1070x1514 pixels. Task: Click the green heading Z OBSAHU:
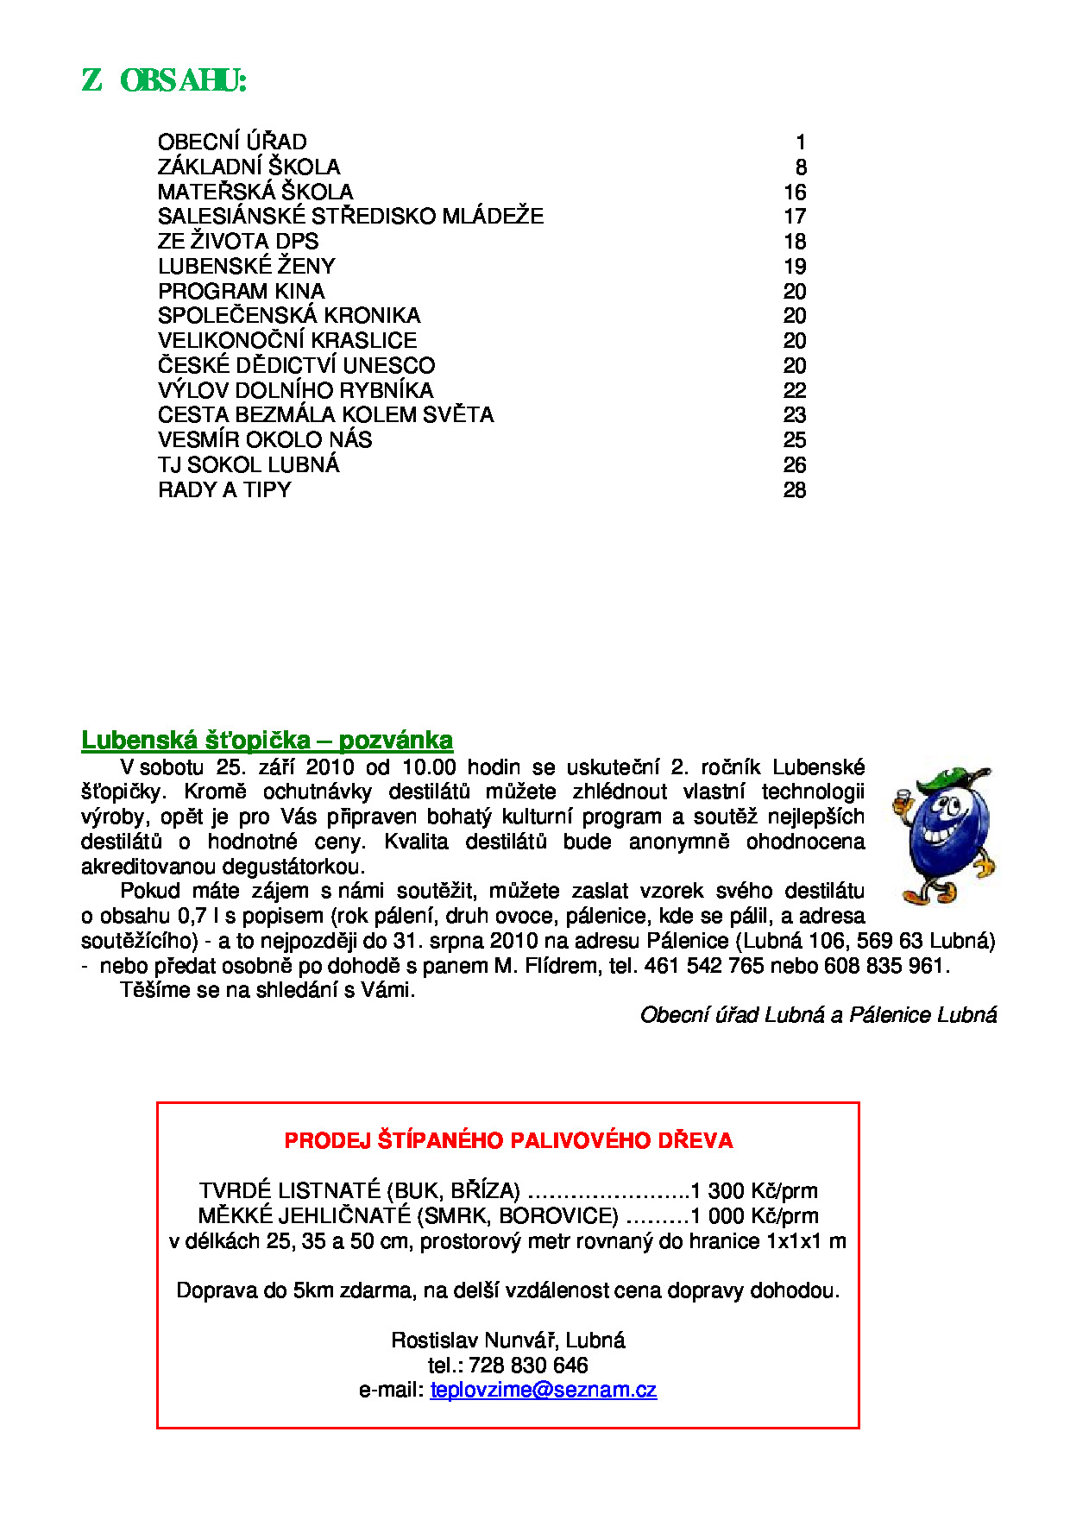[x=164, y=80]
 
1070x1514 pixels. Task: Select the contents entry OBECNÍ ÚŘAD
[x=232, y=142]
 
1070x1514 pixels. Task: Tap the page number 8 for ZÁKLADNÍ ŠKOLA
[x=801, y=167]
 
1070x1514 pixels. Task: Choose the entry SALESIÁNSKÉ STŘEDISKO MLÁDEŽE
[x=350, y=216]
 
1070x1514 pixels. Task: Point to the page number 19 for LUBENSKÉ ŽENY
[x=795, y=266]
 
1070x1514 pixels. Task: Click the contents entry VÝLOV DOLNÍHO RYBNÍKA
[x=295, y=390]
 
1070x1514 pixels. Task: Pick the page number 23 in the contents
[x=795, y=415]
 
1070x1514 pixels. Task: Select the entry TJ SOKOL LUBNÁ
[x=249, y=464]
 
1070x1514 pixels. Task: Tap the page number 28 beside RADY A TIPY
[x=795, y=489]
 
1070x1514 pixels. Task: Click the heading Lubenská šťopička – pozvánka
[x=267, y=740]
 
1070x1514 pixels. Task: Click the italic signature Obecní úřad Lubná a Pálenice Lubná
[x=818, y=1015]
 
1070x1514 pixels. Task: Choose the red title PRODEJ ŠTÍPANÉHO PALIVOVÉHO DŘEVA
[x=508, y=1140]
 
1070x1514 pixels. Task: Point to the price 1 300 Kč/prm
[x=754, y=1191]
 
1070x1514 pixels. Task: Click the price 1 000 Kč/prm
[x=754, y=1216]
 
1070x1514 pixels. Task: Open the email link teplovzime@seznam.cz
[x=543, y=1390]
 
